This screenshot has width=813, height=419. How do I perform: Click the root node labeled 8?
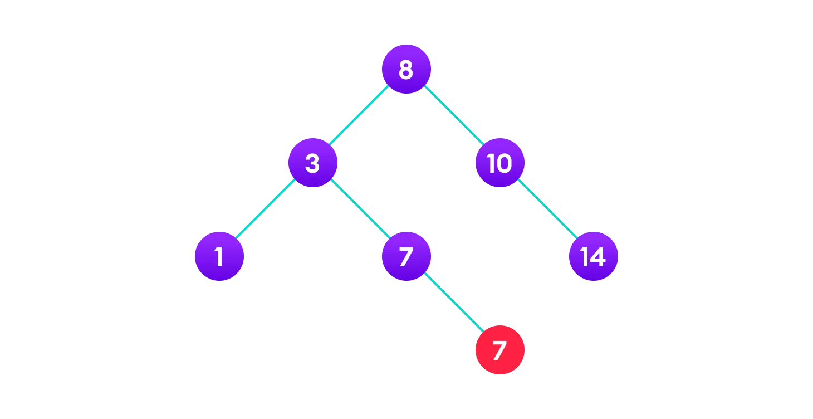click(406, 69)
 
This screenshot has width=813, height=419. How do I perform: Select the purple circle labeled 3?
click(312, 163)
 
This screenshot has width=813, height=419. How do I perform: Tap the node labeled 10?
click(499, 163)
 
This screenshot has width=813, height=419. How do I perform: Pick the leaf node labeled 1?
click(219, 256)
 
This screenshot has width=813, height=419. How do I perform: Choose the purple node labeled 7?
click(406, 256)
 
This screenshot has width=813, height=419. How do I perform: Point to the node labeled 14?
click(593, 256)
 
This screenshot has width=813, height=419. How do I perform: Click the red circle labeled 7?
click(499, 350)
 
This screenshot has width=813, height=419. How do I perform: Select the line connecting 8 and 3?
click(359, 116)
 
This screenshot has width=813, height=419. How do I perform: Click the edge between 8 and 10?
click(453, 116)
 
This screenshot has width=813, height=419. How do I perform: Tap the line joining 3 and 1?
click(266, 209)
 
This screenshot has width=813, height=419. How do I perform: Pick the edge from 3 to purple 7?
click(359, 209)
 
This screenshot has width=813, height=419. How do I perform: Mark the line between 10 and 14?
click(546, 209)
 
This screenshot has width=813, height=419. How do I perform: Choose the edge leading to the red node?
click(453, 303)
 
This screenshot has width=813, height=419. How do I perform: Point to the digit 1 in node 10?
click(491, 163)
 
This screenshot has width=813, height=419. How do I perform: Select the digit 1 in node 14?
click(584, 257)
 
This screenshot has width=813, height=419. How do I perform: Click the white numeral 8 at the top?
click(406, 70)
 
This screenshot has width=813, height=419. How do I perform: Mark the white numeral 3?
click(312, 163)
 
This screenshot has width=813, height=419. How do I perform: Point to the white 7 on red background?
click(499, 350)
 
